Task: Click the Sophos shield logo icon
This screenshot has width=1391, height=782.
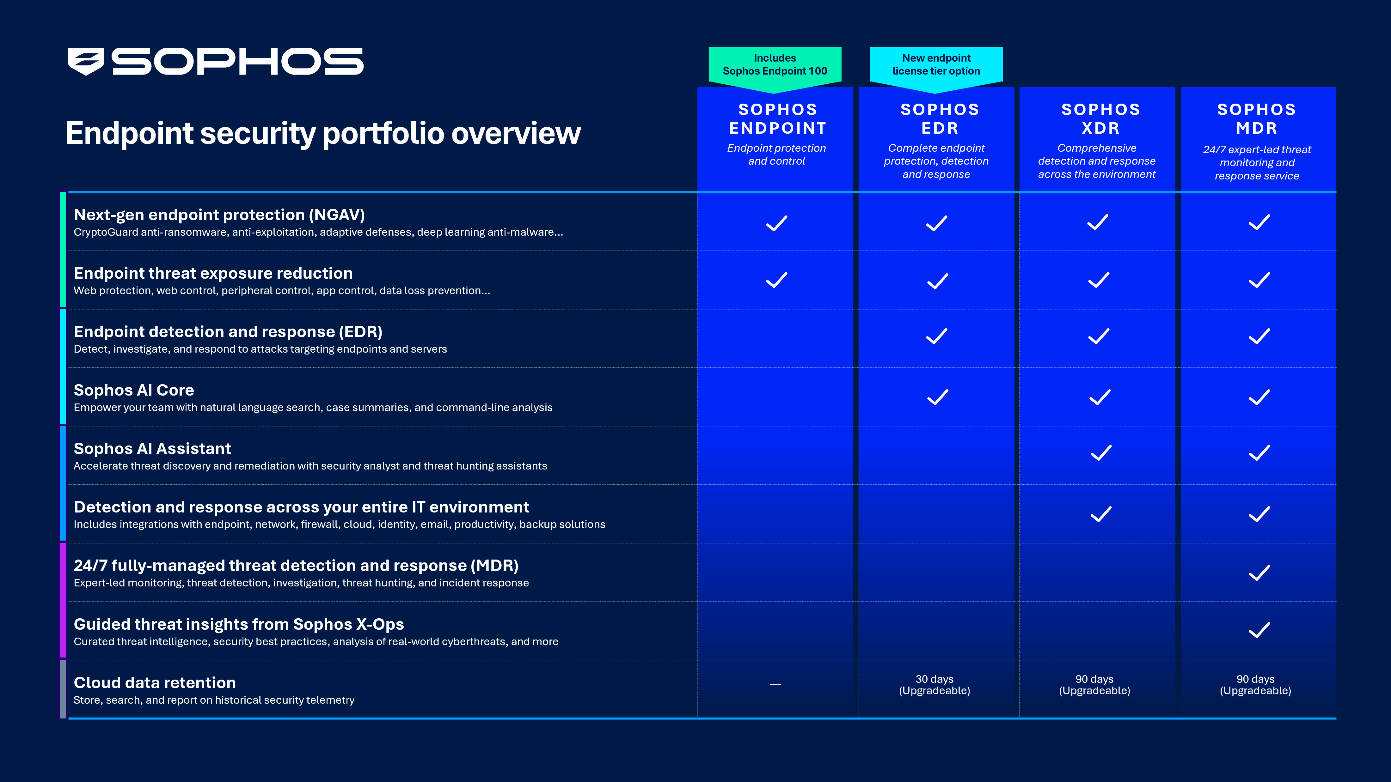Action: (85, 61)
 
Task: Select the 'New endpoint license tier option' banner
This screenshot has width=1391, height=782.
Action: (936, 65)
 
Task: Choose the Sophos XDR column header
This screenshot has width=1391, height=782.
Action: (1100, 119)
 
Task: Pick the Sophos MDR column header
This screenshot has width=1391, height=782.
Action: (1257, 119)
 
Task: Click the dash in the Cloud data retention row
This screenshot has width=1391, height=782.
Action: (775, 684)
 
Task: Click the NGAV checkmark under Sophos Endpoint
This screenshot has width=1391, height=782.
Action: (776, 223)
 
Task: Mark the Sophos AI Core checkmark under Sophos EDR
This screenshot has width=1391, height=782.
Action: (937, 397)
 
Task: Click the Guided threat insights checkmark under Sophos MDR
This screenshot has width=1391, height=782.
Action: (1259, 630)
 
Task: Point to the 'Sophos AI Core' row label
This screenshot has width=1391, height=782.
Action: (134, 390)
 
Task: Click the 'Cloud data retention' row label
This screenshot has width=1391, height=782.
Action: (155, 683)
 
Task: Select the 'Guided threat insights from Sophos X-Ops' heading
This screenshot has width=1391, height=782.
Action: (239, 624)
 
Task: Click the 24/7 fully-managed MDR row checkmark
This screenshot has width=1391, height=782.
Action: (1259, 573)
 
